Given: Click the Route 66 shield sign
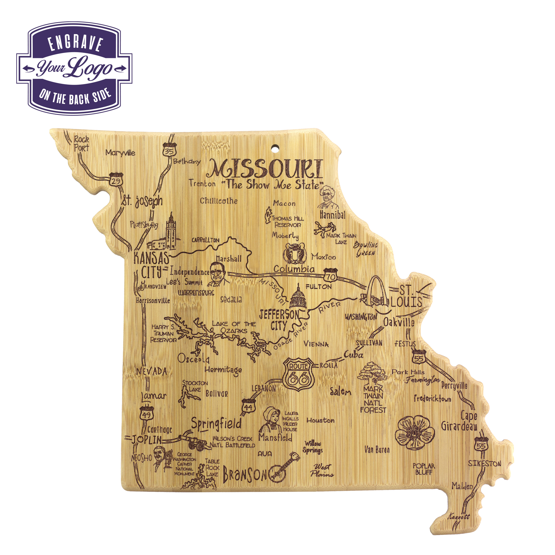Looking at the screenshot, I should click(299, 374).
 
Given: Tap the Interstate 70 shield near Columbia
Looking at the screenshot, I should click(331, 275).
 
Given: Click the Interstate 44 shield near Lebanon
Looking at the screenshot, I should click(248, 406).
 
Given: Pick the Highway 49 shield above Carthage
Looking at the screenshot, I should click(147, 413).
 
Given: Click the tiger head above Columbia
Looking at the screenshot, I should click(294, 253).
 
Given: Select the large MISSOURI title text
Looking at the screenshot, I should click(265, 169).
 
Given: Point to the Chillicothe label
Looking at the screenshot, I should click(219, 201).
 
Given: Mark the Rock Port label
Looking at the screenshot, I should click(81, 144).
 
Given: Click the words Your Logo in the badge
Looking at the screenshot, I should click(74, 68).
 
